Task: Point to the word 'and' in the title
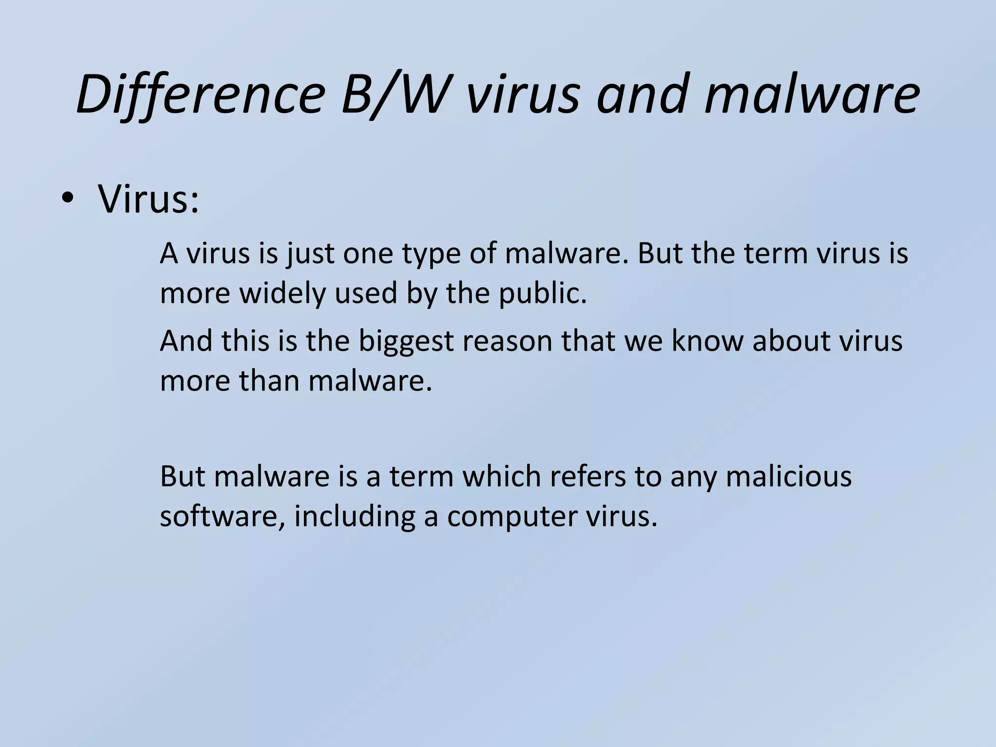click(x=641, y=93)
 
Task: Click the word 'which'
click(x=501, y=476)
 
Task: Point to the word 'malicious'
click(x=788, y=476)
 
